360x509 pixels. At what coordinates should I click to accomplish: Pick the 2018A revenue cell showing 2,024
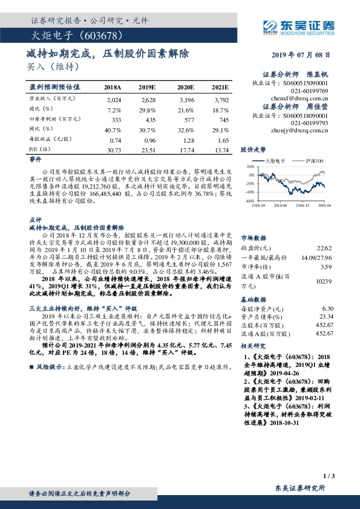pos(114,99)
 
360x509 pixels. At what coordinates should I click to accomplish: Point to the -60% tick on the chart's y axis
pos(249,200)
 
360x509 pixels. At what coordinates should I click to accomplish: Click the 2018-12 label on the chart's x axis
pos(304,206)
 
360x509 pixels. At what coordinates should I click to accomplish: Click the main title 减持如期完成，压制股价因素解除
pos(108,53)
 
